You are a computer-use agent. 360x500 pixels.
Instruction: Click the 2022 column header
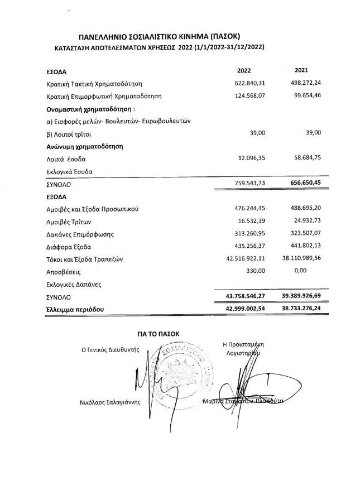click(x=244, y=71)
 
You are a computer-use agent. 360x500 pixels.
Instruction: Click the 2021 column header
click(x=301, y=71)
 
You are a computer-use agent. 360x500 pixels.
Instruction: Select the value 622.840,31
click(x=251, y=83)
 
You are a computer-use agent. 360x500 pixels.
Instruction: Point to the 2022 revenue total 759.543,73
click(x=250, y=184)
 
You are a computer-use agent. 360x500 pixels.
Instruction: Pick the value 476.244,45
click(x=251, y=209)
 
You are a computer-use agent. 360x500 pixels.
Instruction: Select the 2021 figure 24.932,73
click(x=308, y=222)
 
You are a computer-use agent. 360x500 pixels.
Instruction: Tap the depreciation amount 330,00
click(x=256, y=271)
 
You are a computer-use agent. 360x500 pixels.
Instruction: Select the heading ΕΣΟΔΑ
click(x=56, y=71)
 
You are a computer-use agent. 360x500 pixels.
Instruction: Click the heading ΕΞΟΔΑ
click(x=56, y=197)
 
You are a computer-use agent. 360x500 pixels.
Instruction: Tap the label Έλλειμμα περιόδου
click(x=75, y=309)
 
